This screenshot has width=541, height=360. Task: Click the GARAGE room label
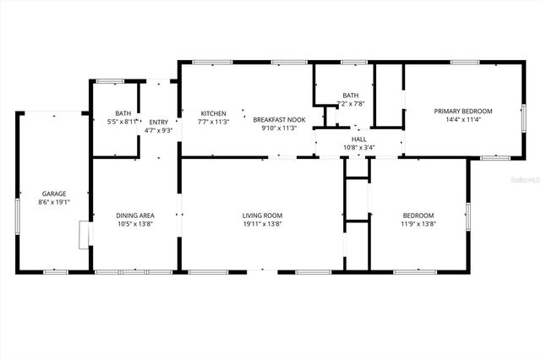[x=54, y=194]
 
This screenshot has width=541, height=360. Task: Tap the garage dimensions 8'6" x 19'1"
[x=54, y=203]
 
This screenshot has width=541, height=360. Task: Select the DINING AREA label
[x=135, y=215]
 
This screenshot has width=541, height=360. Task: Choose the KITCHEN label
[x=213, y=113]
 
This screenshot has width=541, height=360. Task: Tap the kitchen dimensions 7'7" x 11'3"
[x=213, y=122]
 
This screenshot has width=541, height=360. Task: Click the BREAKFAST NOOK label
[x=280, y=120]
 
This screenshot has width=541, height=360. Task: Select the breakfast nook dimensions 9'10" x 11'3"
[x=280, y=129]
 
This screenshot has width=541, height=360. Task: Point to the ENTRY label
[x=159, y=122]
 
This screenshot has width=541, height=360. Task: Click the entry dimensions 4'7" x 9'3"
[x=159, y=130]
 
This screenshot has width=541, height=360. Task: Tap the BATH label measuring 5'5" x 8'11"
[x=123, y=113]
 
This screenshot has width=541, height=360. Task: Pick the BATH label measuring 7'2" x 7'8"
[x=350, y=95]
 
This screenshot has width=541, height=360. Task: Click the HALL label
[x=359, y=139]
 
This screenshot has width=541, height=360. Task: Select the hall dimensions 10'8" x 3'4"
[x=359, y=148]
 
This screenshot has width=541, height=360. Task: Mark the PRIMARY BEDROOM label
[x=463, y=111]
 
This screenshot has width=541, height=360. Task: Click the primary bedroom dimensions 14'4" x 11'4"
[x=463, y=120]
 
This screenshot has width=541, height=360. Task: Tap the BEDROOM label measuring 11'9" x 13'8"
[x=418, y=215]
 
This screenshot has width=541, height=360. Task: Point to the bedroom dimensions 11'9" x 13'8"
[x=418, y=225]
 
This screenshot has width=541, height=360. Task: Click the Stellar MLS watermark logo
[x=523, y=180]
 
